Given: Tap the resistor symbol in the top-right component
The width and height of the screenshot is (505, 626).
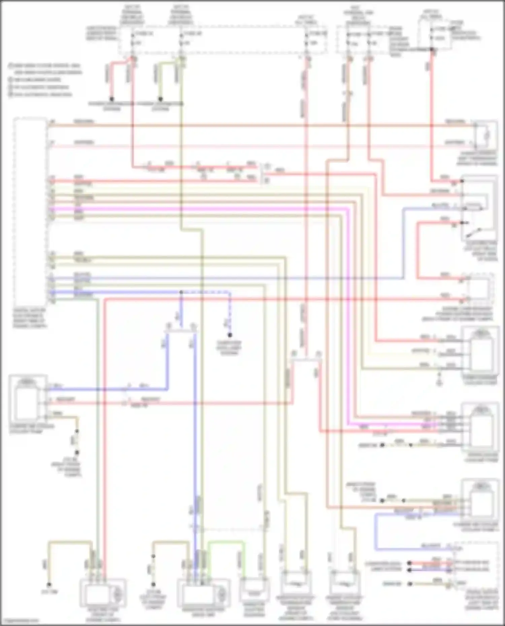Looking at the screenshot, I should click(x=486, y=135).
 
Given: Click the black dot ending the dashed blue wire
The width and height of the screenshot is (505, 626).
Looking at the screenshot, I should click(x=230, y=335).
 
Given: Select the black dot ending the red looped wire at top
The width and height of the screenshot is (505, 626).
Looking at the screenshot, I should click(x=112, y=99).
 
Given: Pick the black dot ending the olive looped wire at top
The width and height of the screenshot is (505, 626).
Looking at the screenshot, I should click(x=161, y=99).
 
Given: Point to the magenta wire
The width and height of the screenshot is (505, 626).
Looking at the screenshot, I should click(x=202, y=209).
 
